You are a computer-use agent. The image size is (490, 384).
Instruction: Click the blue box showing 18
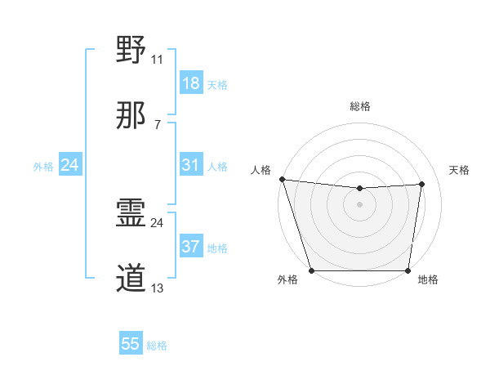pyautogui.click(x=190, y=83)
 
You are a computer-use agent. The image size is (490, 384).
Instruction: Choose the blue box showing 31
pyautogui.click(x=190, y=165)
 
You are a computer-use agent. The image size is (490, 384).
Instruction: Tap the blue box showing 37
pyautogui.click(x=190, y=247)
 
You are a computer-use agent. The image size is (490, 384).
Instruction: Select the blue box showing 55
pyautogui.click(x=131, y=344)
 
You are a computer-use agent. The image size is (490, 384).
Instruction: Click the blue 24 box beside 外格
pyautogui.click(x=69, y=165)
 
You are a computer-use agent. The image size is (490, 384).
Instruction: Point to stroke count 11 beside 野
pyautogui.click(x=157, y=59)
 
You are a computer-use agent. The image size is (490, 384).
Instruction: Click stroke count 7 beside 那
pyautogui.click(x=158, y=125)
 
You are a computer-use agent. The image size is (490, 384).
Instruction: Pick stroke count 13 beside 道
pyautogui.click(x=157, y=288)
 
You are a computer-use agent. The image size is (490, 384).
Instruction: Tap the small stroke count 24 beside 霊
pyautogui.click(x=158, y=222)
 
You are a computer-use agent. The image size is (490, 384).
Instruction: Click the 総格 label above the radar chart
pyautogui.click(x=360, y=106)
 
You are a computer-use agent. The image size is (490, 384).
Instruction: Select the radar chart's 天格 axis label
pyautogui.click(x=460, y=170)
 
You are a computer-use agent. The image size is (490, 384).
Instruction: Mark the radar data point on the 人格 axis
pyautogui.click(x=282, y=179)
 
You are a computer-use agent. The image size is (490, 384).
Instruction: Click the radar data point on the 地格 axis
pyautogui.click(x=408, y=270)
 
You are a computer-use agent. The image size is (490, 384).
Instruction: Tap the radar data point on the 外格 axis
pyautogui.click(x=311, y=270)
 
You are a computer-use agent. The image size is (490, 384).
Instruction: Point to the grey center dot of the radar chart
pyautogui.click(x=359, y=204)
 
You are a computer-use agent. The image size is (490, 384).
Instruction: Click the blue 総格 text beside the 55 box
pyautogui.click(x=157, y=346)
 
